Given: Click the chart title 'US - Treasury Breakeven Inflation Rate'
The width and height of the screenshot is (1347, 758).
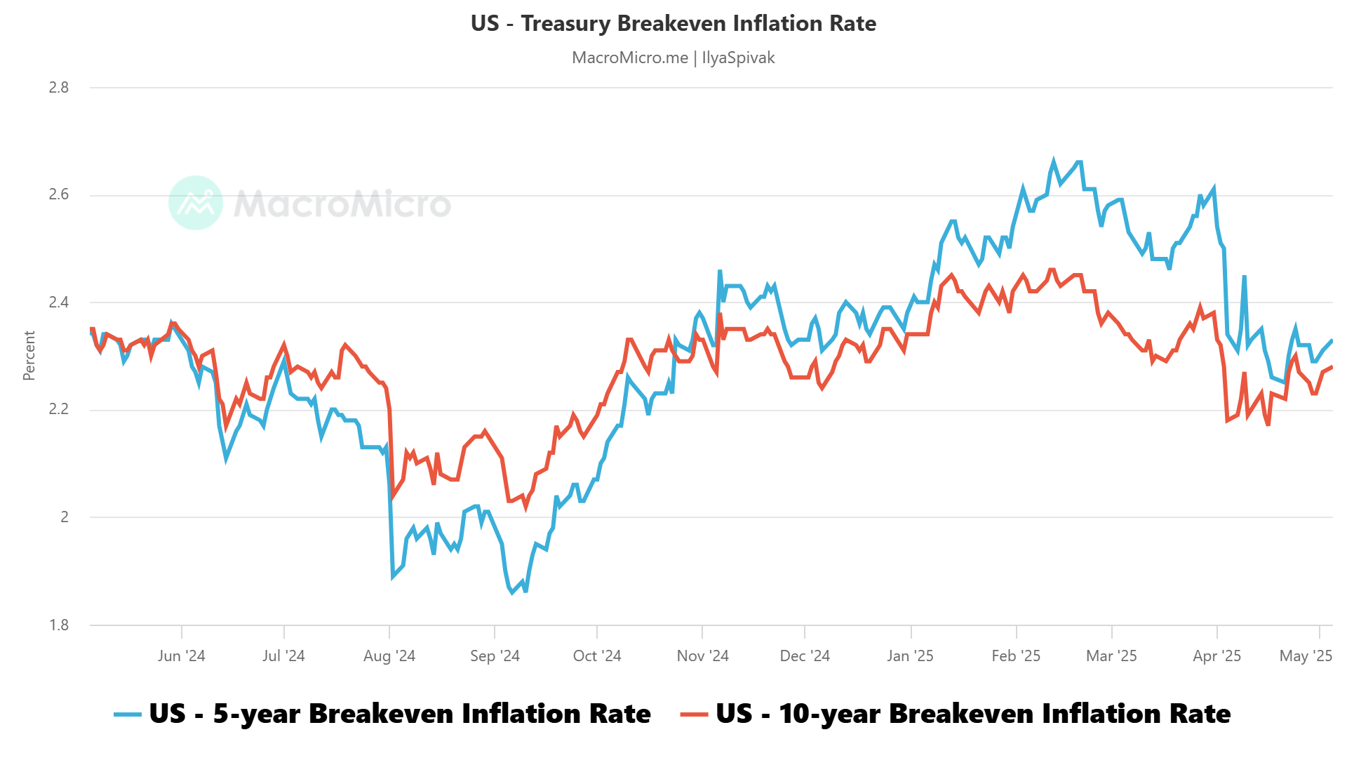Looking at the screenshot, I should coord(673,23).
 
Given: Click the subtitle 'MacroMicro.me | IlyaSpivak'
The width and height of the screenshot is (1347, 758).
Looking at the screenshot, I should coord(673,58).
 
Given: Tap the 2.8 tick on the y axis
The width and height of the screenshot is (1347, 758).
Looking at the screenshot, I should coord(59,88).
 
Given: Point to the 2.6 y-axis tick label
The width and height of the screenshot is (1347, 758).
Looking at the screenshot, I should coord(59,194).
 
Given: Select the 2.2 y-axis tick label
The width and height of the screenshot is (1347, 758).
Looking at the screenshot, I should coord(59,409).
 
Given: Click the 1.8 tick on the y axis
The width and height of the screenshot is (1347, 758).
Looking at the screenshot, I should coord(59,625).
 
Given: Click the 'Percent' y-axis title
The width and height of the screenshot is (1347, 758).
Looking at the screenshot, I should coord(29,356).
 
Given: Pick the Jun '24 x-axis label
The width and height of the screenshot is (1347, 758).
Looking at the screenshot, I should coord(181,656).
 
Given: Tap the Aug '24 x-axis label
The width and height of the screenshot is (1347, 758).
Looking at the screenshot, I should coord(389,656).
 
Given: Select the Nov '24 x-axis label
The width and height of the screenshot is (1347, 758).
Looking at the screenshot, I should coord(702,656).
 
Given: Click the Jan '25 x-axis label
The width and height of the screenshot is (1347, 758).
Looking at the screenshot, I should coord(910,656).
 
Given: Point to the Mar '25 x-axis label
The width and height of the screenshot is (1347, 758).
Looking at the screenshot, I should coord(1111,656).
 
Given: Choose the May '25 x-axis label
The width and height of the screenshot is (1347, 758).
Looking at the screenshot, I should coord(1306,656).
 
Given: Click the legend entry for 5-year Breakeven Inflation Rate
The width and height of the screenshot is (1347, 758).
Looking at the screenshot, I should coord(383,714).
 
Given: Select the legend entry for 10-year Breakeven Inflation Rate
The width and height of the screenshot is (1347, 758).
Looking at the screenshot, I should coord(956,714).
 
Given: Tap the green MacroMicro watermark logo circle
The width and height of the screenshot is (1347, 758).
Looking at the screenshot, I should coord(196,203).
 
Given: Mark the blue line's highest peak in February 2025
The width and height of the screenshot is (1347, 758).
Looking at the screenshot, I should coord(1053,161).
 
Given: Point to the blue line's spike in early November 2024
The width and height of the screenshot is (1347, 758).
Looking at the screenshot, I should coord(720,271).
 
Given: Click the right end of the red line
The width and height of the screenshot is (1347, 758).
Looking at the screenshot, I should coord(1331,366).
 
